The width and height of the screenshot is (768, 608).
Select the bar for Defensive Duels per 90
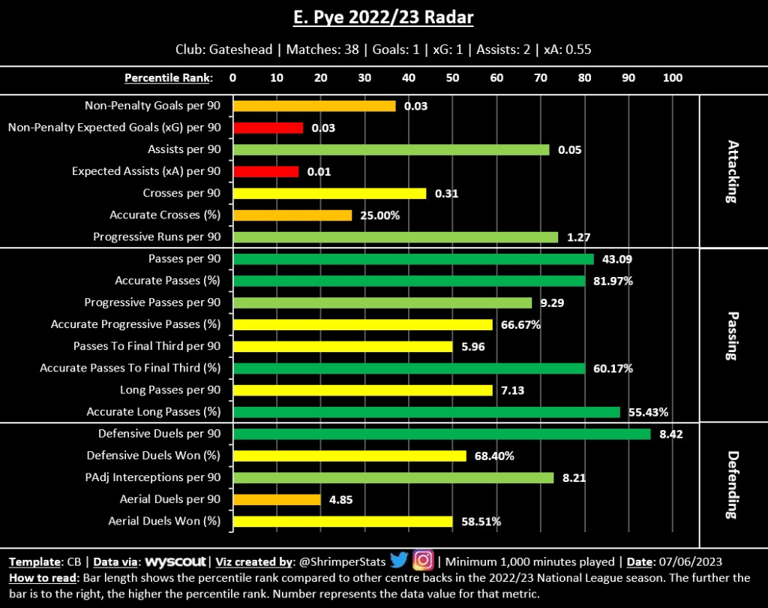[x=442, y=434]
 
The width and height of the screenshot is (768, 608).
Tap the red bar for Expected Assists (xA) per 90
[x=266, y=172]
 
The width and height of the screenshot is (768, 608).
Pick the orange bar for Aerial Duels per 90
[x=277, y=499]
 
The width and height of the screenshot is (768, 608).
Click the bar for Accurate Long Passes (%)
[x=427, y=412]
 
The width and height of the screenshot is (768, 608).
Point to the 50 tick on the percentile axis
[x=453, y=78]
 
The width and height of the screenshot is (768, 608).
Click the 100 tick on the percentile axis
[x=673, y=78]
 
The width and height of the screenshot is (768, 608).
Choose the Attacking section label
[x=733, y=171]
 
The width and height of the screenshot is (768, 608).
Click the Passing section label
[x=733, y=336]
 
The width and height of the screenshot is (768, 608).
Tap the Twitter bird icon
[x=398, y=560]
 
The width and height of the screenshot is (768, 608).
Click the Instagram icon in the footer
[x=424, y=560]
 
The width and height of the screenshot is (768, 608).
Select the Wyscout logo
[x=176, y=561]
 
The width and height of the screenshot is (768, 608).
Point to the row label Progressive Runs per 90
[x=157, y=237]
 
